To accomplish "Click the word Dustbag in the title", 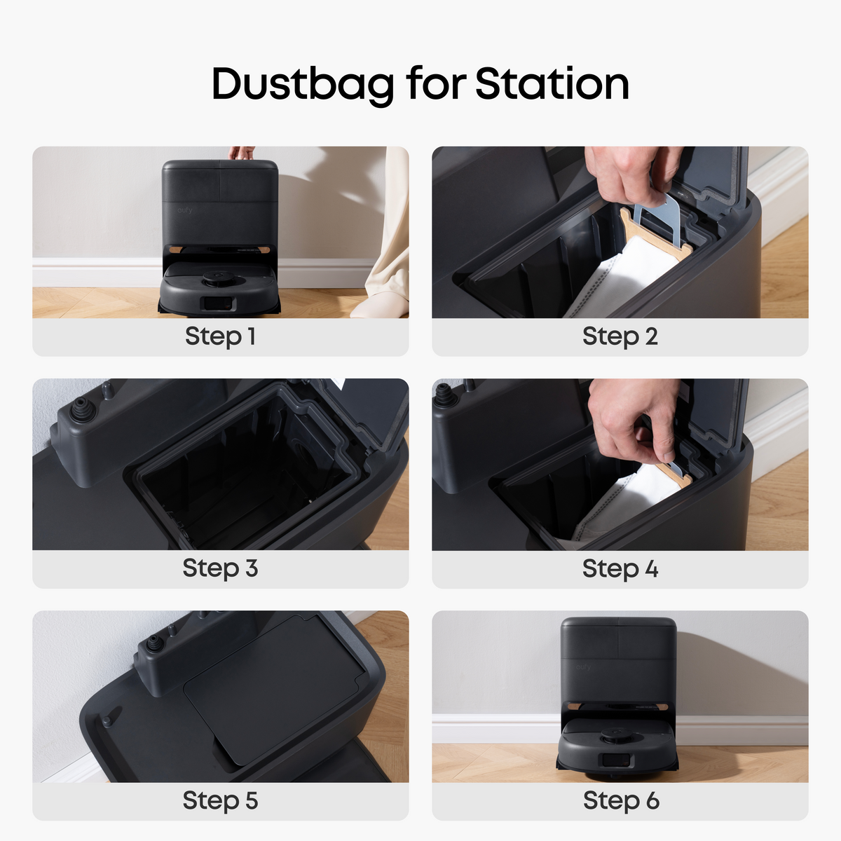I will coord(303,85).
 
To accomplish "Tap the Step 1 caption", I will coord(220,336).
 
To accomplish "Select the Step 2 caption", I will coord(620,336).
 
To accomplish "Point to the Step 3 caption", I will coord(220,568).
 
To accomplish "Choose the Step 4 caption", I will coord(620,568).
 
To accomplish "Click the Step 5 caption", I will coord(220,800).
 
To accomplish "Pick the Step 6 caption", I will coord(621,800).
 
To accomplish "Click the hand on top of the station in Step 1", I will coord(241,152).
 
